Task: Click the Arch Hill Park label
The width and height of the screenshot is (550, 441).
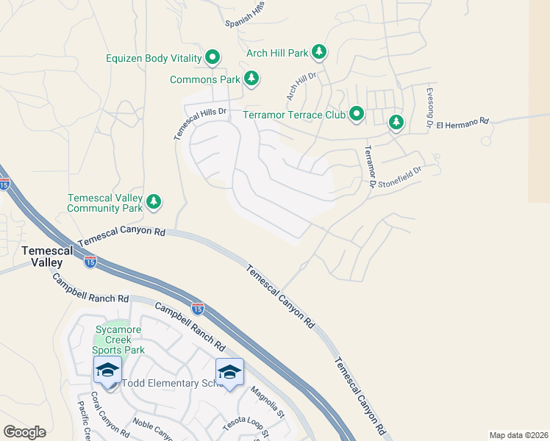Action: tap(277, 53)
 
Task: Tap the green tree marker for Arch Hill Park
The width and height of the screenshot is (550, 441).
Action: tap(319, 52)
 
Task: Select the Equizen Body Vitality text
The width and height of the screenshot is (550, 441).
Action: tap(154, 57)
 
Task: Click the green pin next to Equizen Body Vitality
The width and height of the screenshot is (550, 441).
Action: tap(213, 57)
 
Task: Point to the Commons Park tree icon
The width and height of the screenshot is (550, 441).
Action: tap(251, 78)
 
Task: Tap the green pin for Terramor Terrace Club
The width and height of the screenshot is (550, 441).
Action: tap(357, 114)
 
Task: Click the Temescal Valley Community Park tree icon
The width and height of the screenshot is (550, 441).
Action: tap(154, 201)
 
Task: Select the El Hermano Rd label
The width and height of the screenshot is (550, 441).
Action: tap(463, 124)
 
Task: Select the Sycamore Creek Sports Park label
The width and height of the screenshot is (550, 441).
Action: tap(120, 340)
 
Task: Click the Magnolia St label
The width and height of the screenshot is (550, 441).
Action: tap(266, 403)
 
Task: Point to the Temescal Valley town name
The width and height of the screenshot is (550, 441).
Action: tap(47, 257)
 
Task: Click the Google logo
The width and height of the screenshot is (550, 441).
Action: tap(24, 432)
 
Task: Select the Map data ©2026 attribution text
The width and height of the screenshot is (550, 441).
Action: tap(518, 435)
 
